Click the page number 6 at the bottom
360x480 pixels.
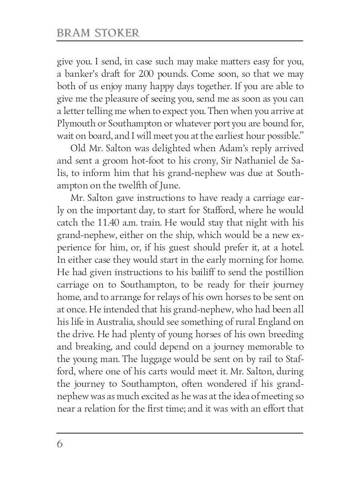[x=60, y=444]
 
